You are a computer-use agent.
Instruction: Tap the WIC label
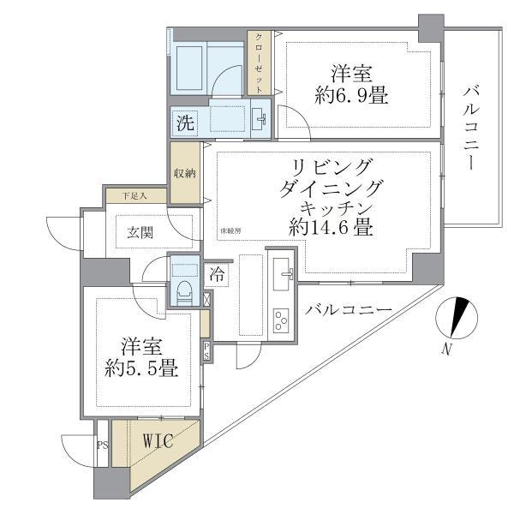pos(158,442)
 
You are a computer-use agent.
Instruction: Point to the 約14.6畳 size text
pos(330,228)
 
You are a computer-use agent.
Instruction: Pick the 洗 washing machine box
pos(185,122)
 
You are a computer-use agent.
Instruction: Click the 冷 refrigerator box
pos(218,275)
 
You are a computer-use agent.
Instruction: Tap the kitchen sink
pos(283,272)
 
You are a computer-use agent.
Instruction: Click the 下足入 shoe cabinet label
pos(133,195)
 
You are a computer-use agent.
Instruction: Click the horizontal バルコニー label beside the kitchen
pos(348,310)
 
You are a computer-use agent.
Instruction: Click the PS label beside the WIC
pos(102,445)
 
